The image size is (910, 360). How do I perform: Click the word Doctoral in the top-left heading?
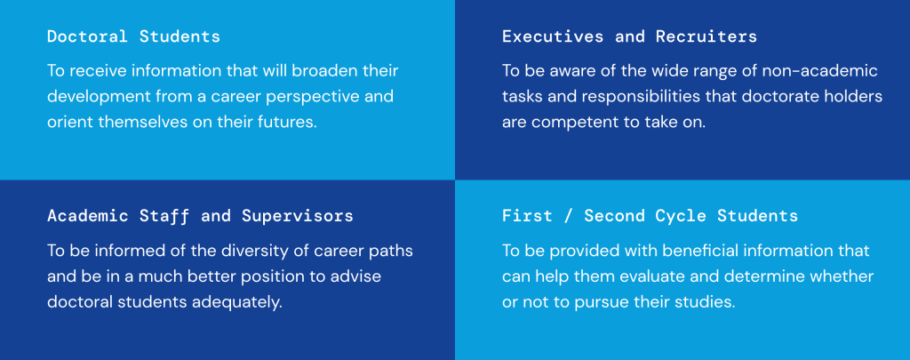point(87,36)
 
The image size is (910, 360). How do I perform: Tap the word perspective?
point(313,97)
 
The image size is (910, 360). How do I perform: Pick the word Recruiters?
point(706,36)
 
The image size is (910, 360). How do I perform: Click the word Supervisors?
point(298,217)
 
